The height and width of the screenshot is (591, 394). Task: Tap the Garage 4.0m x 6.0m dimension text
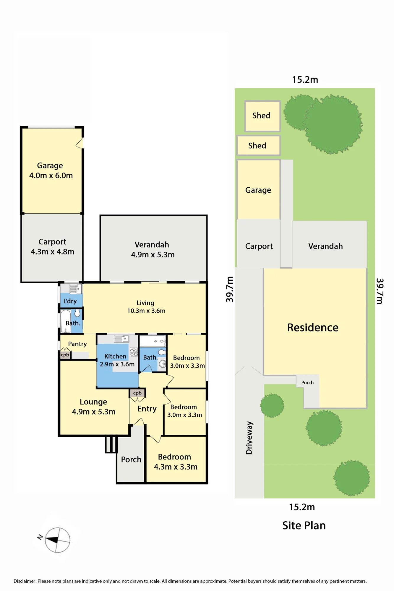coord(51,176)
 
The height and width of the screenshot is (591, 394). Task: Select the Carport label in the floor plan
coord(52,242)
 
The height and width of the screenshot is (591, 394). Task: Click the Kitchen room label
coord(115,356)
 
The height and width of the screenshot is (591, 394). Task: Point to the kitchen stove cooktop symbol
coord(134,352)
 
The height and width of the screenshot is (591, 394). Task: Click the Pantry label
coord(77,344)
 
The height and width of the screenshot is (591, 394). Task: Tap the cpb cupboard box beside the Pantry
coord(65,355)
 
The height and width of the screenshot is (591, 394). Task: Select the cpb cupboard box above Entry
coord(137,393)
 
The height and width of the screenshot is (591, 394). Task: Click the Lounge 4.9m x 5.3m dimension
coord(94,412)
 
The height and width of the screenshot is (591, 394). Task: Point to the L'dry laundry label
coord(70,301)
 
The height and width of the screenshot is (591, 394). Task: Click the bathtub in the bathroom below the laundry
coord(66,321)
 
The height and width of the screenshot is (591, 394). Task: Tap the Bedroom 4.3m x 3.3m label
coord(176,462)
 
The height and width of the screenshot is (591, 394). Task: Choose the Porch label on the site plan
coord(307,383)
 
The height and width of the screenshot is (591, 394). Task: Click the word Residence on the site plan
coord(313,327)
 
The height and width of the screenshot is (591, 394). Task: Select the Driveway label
coord(249,438)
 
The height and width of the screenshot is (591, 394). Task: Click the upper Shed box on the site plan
coord(262,116)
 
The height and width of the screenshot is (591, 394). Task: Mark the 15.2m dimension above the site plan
coord(305,80)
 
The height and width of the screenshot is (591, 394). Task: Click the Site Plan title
coord(304,526)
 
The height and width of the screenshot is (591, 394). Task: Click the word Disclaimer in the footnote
coord(25,581)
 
